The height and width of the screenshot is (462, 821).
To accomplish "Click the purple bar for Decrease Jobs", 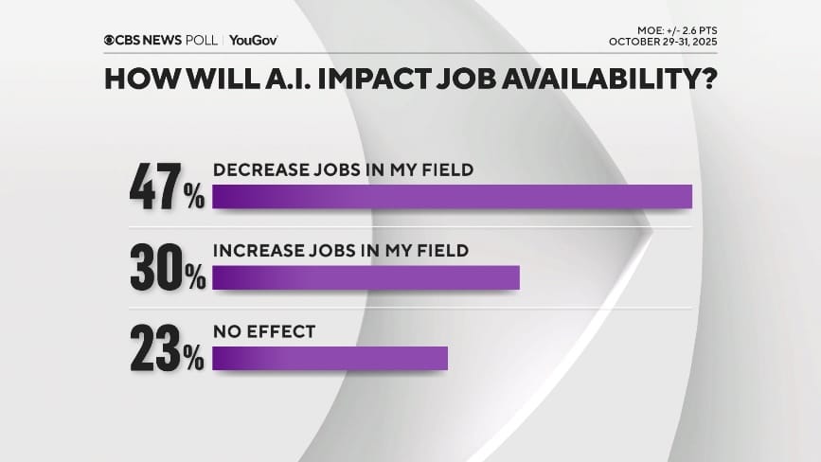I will (453, 196).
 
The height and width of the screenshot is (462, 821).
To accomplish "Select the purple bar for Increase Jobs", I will (366, 277).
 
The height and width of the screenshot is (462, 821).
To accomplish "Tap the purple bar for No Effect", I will (330, 359).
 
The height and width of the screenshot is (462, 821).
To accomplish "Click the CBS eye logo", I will (109, 40).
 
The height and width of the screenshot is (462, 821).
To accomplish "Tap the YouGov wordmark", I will (254, 40).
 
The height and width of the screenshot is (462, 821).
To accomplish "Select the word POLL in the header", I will (200, 40).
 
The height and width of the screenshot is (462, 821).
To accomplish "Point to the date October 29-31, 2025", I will (664, 44).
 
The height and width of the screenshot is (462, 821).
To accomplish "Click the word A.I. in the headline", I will (267, 78).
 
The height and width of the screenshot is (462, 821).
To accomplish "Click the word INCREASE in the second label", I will (252, 252).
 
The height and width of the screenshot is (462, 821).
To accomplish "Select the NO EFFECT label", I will (264, 333).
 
